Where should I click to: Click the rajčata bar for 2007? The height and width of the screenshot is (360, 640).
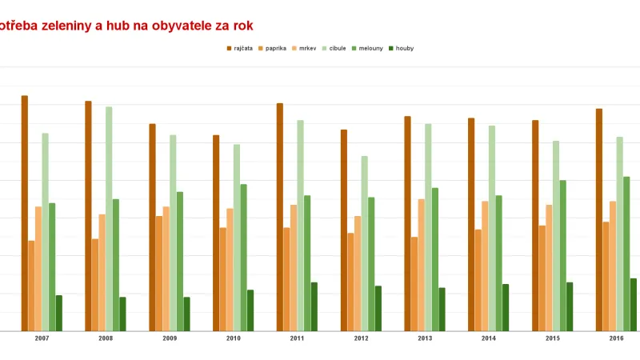point(25,213)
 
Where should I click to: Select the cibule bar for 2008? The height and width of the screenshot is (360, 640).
point(109,218)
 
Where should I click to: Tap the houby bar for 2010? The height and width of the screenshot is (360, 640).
point(250,310)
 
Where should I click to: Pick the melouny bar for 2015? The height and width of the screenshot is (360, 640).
point(562,255)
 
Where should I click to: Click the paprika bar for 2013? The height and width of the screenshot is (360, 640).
point(414,283)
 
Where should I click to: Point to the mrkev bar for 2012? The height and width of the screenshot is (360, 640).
point(358,273)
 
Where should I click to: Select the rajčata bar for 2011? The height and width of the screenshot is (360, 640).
point(280,217)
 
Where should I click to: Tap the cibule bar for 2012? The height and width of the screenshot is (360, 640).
point(365,243)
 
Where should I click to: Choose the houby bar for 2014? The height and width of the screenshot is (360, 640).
point(506,307)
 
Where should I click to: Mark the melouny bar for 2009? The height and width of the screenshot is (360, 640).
point(180,261)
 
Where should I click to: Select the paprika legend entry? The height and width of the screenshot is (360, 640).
point(273,48)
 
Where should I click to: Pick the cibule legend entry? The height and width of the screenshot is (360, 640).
point(334,48)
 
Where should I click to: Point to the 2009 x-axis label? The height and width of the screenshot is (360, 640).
point(170,339)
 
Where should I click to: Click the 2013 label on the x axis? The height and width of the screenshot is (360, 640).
point(425,339)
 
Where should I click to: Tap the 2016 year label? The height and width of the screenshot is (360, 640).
point(616,339)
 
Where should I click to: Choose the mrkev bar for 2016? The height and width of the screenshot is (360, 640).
point(613,266)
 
